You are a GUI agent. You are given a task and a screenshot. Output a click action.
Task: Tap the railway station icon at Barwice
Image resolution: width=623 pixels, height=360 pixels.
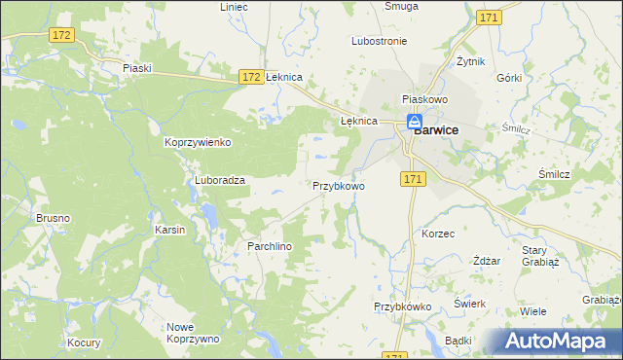(x=414, y=122)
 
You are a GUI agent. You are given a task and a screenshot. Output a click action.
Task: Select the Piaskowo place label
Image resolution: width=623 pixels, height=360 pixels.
(x=423, y=100)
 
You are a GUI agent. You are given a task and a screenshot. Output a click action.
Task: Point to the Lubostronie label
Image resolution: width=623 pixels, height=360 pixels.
(x=379, y=41)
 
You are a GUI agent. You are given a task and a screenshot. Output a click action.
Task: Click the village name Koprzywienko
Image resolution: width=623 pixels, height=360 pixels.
(x=197, y=142)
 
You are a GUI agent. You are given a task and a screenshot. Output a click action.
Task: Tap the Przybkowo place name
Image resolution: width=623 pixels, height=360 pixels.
(x=338, y=185)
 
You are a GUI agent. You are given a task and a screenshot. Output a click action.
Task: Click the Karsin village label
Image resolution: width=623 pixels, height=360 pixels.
(x=170, y=230)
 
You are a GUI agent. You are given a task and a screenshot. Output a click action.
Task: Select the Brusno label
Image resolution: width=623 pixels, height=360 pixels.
(x=53, y=219)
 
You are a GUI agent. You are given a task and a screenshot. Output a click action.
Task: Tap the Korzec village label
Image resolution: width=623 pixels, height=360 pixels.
(x=438, y=234)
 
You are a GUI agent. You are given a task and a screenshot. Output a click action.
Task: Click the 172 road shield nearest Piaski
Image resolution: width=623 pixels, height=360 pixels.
(x=61, y=35)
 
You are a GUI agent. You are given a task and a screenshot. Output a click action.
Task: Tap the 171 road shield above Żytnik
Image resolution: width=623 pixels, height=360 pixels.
(x=490, y=18)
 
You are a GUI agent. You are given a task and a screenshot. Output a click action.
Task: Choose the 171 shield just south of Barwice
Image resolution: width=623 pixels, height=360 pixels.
(x=413, y=179)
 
